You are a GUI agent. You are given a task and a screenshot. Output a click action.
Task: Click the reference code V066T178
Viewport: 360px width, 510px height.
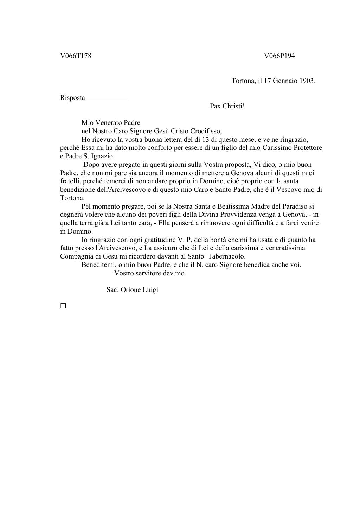tap(76, 56)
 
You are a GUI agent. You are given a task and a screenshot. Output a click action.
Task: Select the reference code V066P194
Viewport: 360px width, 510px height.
tap(279, 56)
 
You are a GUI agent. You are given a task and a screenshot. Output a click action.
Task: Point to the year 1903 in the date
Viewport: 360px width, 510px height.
tap(306, 81)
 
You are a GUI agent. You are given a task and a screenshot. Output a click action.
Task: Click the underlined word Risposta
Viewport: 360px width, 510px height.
tap(72, 98)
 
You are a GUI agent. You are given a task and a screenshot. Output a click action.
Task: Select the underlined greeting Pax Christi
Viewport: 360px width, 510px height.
tap(226, 106)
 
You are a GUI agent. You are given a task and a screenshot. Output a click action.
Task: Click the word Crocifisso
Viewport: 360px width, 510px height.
tap(206, 131)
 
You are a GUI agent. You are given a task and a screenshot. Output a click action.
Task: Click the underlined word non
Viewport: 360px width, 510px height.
tap(97, 173)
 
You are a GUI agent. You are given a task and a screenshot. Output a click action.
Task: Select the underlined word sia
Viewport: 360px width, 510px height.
tap(133, 173)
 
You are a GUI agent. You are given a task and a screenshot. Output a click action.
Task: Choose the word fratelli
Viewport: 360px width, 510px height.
tap(72, 181)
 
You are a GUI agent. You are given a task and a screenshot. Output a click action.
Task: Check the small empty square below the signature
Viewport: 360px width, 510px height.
tap(63, 306)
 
